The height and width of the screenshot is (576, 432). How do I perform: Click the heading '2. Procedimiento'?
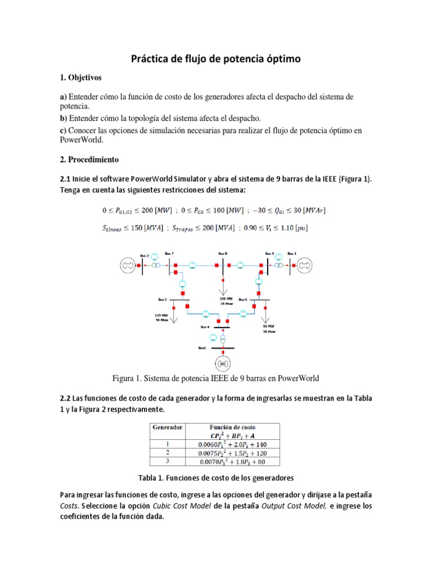89,159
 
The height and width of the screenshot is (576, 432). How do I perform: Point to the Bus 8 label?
222,253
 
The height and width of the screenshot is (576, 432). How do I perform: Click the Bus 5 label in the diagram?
163,299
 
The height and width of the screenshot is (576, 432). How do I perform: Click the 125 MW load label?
162,316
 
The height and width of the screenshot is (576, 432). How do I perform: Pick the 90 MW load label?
268,326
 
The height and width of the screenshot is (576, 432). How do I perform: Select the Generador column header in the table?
168,427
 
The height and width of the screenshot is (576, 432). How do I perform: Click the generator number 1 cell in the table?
168,444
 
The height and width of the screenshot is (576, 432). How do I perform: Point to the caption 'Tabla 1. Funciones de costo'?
215,478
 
